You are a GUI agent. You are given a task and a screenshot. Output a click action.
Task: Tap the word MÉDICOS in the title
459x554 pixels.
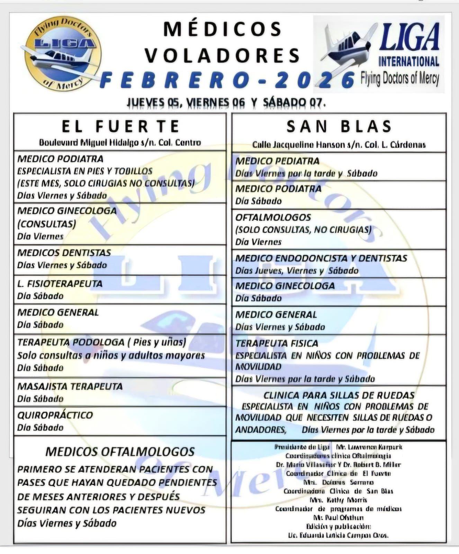[223, 29]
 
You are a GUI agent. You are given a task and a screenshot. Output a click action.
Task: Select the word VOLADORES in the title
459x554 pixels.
[223, 55]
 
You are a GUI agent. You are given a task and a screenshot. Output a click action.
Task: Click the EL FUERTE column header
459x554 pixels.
[120, 126]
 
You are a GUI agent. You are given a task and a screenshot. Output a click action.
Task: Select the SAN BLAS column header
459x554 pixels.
[339, 126]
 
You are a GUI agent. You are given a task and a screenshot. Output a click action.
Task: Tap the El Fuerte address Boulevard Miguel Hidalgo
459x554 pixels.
[120, 143]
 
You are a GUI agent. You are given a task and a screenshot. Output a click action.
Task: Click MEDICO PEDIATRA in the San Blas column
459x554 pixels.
[277, 161]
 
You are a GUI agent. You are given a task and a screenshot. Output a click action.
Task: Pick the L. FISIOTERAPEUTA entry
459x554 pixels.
[60, 284]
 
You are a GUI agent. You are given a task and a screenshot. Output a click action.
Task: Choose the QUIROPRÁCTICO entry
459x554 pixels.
[55, 415]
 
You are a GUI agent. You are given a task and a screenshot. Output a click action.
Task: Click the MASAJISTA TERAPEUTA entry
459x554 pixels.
[70, 386]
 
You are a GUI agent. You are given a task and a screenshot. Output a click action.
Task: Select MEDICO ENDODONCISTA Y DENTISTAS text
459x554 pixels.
[321, 258]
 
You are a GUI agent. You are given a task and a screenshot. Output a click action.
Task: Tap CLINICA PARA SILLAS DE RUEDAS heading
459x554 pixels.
[339, 395]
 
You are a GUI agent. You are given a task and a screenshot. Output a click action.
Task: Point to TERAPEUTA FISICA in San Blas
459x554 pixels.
[277, 343]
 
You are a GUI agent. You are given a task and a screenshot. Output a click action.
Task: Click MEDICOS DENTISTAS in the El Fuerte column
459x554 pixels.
[64, 253]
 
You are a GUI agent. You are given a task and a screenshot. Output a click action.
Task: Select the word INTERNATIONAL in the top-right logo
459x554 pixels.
[408, 62]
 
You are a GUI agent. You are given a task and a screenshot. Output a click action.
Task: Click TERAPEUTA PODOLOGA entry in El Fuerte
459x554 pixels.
[101, 342]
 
